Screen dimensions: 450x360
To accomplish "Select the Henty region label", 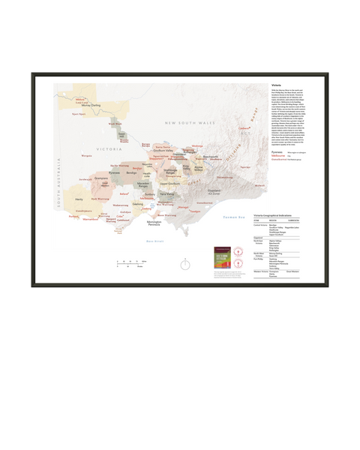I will [x=79, y=199].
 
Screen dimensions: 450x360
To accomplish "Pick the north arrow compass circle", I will [x=184, y=262].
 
